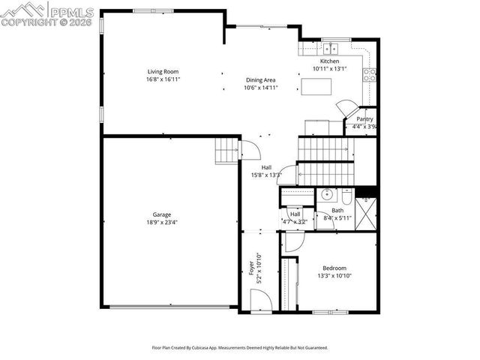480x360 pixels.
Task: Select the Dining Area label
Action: tap(261, 79)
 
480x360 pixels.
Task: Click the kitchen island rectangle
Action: tap(316, 86)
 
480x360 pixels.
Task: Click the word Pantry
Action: tap(364, 119)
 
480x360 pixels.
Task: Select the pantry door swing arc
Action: tap(346, 106)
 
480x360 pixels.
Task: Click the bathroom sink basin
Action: tap(326, 195)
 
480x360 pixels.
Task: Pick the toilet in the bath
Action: tap(346, 196)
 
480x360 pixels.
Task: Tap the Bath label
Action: tap(338, 211)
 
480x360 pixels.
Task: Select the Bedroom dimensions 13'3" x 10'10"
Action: tap(334, 276)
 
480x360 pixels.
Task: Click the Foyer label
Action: tap(252, 267)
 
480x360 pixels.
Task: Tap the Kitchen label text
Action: tap(330, 61)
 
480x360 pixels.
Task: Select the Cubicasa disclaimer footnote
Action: tap(240, 348)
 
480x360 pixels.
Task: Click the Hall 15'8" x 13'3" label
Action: tap(266, 172)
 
